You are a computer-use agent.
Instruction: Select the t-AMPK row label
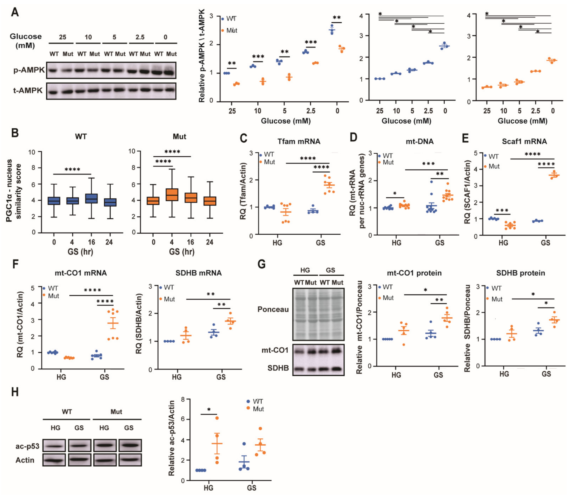pyautogui.click(x=28, y=91)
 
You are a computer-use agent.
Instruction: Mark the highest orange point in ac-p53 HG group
pyautogui.click(x=217, y=418)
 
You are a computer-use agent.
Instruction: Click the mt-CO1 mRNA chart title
pyautogui.click(x=81, y=273)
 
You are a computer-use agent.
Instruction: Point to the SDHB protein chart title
pyautogui.click(x=521, y=273)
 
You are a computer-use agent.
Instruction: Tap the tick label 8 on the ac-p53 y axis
pyautogui.click(x=183, y=399)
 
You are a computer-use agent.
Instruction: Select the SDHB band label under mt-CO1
pyautogui.click(x=278, y=368)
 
